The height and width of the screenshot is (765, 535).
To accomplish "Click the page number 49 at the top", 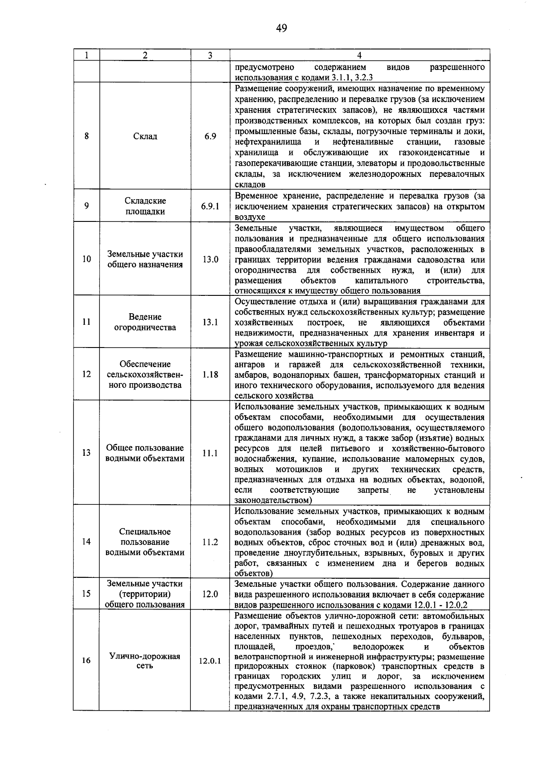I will (x=281, y=29).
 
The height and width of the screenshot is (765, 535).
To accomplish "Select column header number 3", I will (x=210, y=55).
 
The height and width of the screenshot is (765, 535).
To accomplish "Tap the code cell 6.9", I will (x=210, y=136).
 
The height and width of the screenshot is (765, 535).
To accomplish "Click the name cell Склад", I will (x=145, y=136).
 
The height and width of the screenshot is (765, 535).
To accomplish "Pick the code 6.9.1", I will (x=210, y=206).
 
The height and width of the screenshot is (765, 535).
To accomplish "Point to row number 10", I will (x=86, y=259).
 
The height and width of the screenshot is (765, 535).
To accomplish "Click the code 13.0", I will (x=210, y=259).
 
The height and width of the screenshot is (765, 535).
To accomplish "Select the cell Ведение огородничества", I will (x=145, y=322).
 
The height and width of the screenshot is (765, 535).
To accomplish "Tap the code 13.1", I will (x=210, y=322).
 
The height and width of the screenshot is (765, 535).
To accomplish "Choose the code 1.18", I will (x=210, y=374).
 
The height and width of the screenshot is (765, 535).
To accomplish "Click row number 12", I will (x=86, y=374).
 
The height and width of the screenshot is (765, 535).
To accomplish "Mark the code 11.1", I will (x=210, y=453).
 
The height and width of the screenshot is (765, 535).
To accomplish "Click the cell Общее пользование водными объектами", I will (x=145, y=453).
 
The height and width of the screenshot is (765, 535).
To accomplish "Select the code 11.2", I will (x=210, y=542).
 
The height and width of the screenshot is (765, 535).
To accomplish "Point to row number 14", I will (x=86, y=542).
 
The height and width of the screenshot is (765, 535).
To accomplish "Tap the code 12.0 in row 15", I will (x=210, y=594).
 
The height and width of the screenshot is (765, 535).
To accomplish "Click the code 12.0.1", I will (x=210, y=661).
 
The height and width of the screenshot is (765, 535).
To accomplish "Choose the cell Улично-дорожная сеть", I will (x=145, y=661).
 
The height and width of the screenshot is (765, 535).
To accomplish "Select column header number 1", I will (x=86, y=55).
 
